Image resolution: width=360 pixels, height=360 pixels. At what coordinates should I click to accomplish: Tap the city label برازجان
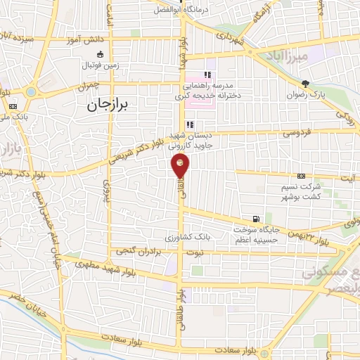click(110, 105)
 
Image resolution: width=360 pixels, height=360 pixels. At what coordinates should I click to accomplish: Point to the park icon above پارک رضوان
click(305, 83)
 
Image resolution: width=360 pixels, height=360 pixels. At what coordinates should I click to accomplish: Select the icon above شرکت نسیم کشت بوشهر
click(301, 176)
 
